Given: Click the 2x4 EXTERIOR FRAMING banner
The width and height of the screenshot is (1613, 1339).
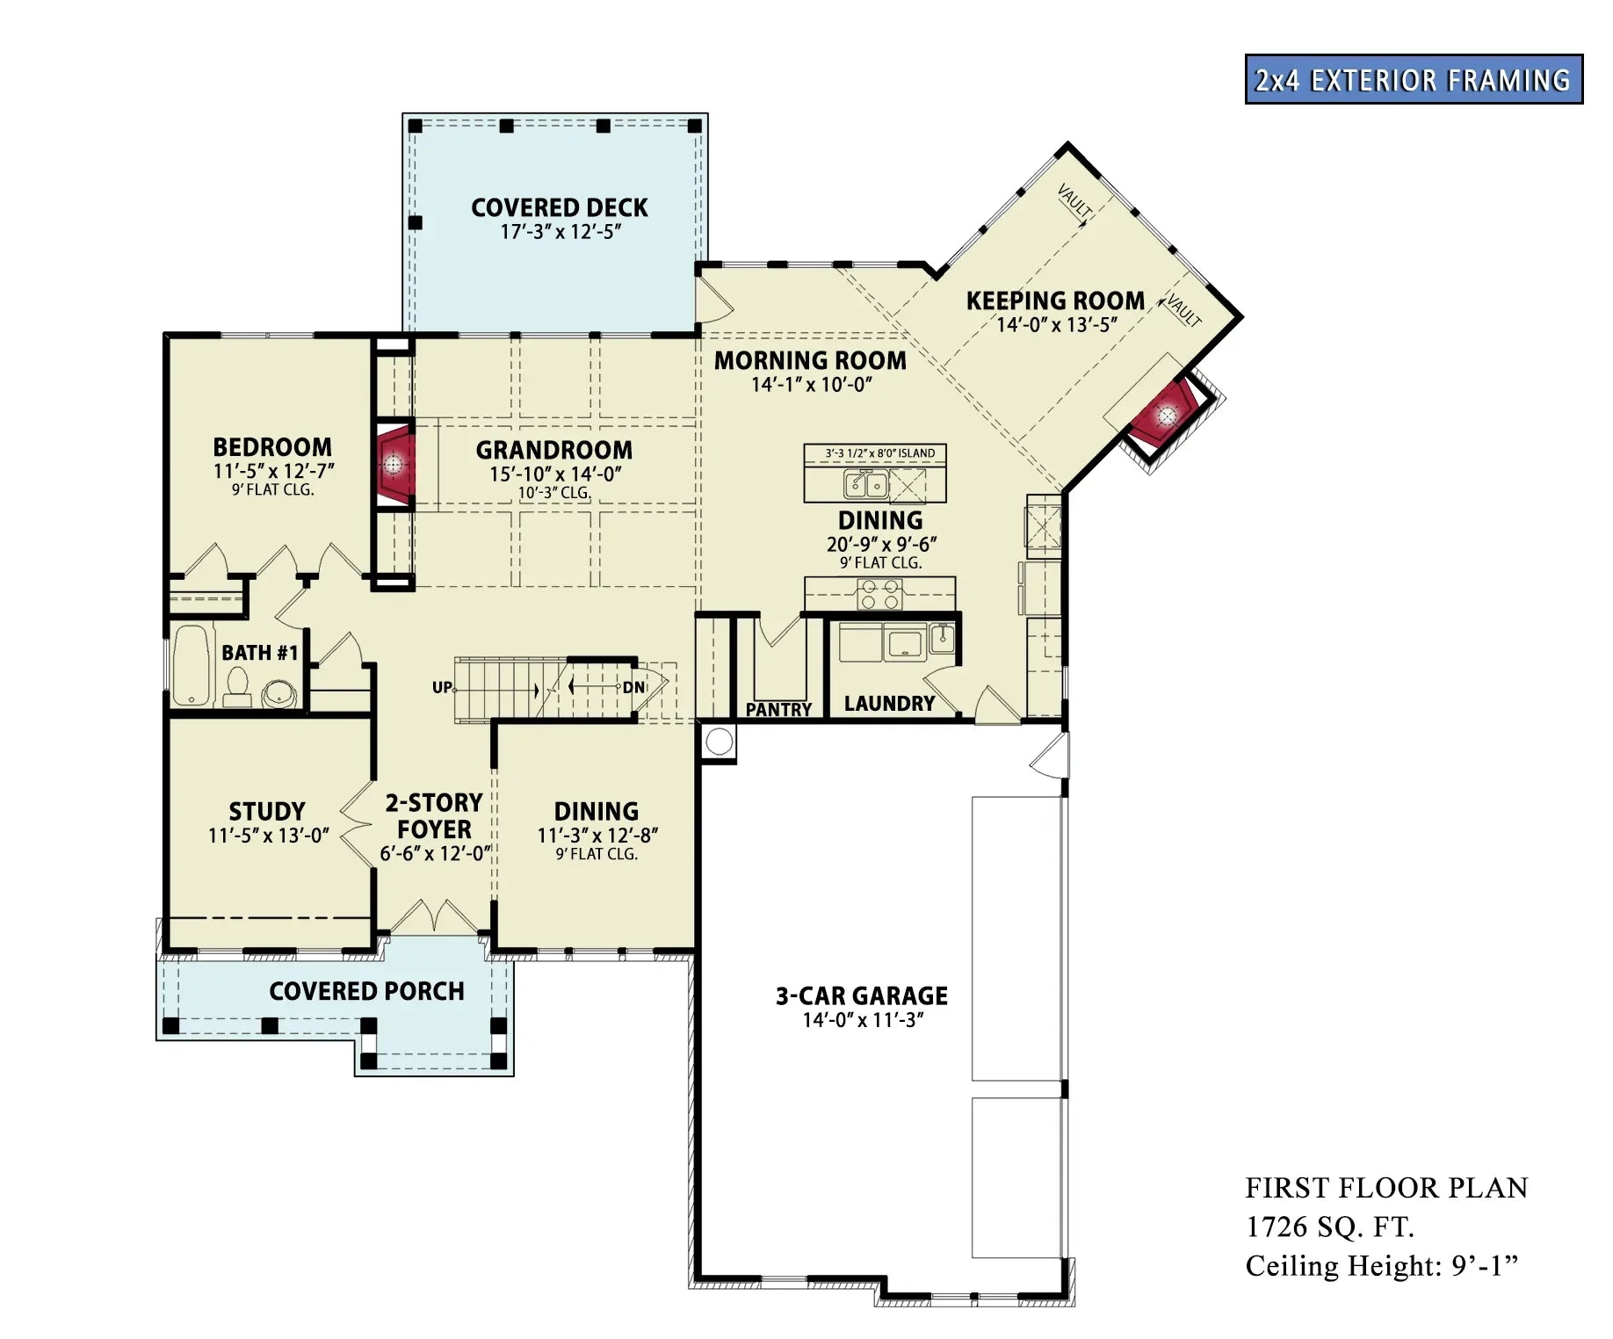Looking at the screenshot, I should click(1413, 80).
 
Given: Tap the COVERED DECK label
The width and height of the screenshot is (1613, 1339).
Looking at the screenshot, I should click(559, 208).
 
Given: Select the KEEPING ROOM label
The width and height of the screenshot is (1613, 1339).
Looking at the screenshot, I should click(1054, 301).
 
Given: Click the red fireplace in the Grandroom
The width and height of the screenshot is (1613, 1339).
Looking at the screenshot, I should click(394, 463).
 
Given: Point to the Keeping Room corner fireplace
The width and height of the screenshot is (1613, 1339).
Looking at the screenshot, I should click(1166, 415).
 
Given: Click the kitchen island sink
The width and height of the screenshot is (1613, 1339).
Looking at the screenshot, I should click(865, 484).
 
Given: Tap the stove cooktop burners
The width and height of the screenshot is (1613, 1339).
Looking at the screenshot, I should click(879, 595).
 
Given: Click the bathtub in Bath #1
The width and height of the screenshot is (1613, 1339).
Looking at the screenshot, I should click(193, 665).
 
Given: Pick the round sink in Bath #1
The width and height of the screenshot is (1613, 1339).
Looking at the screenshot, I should click(279, 694).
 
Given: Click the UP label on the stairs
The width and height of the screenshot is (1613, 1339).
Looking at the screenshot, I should click(442, 687).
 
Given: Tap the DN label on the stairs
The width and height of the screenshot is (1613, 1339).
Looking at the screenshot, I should click(633, 687).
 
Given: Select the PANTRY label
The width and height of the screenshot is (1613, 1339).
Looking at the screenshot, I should click(778, 709).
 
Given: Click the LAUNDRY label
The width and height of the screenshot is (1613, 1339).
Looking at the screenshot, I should click(889, 704).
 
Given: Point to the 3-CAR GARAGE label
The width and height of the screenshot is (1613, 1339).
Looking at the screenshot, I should click(861, 996).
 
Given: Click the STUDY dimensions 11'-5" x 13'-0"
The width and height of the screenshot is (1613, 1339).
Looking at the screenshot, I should click(268, 836).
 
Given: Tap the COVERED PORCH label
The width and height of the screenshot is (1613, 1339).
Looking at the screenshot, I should click(366, 991).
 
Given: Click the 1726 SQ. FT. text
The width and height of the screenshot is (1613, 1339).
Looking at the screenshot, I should click(1329, 1227).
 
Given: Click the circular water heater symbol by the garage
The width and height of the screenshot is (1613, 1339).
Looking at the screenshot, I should click(719, 742).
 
